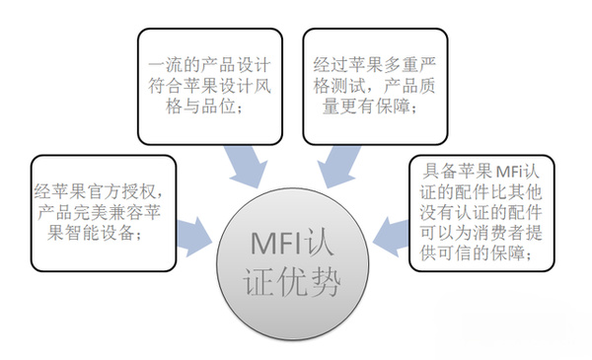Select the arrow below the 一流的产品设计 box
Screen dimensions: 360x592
point(241,164)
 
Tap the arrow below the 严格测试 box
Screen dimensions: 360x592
point(335,164)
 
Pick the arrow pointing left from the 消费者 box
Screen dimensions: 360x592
point(393,235)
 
